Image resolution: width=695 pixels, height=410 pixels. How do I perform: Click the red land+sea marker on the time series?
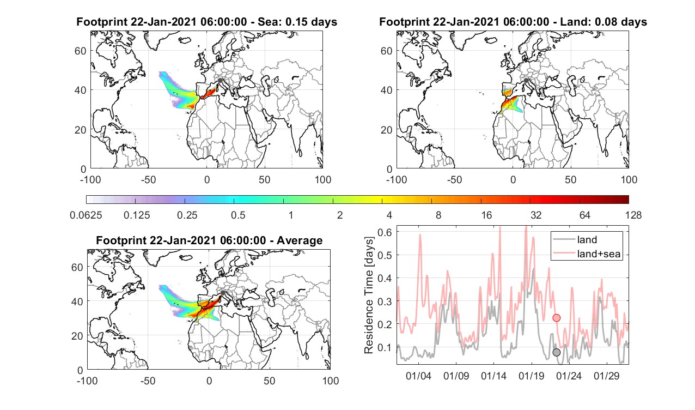[x=557, y=318]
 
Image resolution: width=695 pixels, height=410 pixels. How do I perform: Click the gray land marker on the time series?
[x=557, y=352]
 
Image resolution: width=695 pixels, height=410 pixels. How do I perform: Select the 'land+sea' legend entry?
[x=599, y=254]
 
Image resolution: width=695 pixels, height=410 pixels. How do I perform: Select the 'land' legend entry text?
[x=587, y=239]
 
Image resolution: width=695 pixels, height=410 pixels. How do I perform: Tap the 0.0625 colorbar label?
[x=86, y=215]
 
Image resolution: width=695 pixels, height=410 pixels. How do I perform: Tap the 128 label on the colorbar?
[x=633, y=215]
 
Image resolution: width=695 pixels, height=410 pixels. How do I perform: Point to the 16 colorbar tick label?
[x=486, y=215]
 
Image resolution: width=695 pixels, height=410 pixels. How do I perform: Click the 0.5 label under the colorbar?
[x=238, y=215]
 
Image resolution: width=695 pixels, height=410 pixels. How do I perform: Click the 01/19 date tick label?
[x=531, y=376]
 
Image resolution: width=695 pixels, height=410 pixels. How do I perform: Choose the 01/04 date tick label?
[x=418, y=376]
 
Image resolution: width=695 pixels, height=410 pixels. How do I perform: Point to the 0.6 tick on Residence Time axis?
[x=385, y=232]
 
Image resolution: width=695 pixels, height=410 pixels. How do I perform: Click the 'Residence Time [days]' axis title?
[x=369, y=296]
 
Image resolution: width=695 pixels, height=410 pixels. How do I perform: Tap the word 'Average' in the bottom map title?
[x=300, y=240]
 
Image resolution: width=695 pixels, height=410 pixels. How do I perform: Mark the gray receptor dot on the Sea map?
[x=220, y=80]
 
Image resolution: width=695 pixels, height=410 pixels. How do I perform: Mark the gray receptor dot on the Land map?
[x=526, y=80]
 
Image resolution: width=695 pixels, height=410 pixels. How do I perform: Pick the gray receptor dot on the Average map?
[x=223, y=293]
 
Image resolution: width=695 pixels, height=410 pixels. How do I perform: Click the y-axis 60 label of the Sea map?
[x=80, y=51]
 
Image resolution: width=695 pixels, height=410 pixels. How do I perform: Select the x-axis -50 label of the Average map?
[x=148, y=381]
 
